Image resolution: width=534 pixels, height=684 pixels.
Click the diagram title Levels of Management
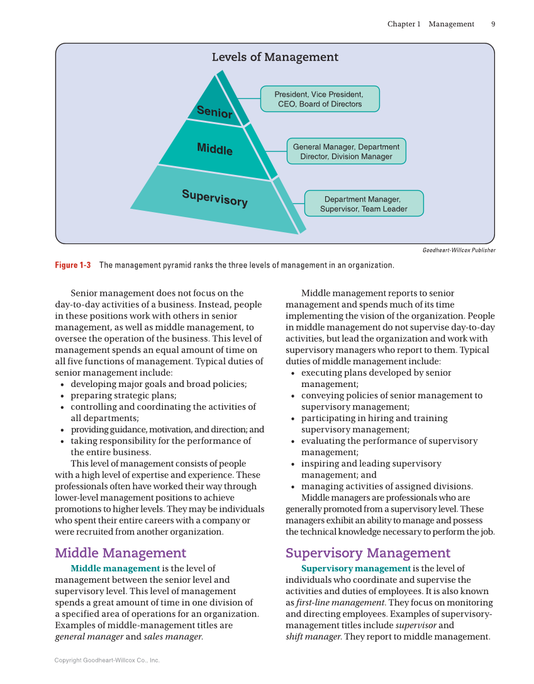coord(275,57)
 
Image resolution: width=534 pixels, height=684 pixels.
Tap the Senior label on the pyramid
coord(214,112)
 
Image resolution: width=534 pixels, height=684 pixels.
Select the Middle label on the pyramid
coord(214,149)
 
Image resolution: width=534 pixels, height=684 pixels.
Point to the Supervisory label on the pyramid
coord(214,198)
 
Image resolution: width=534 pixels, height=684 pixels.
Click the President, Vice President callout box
coord(320,99)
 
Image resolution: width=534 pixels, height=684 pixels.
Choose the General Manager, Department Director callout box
coord(346,152)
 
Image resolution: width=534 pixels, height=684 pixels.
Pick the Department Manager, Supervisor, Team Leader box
coord(364,204)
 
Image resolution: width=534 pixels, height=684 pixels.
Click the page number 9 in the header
coord(493,24)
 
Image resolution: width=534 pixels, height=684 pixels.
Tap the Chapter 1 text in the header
coord(404,24)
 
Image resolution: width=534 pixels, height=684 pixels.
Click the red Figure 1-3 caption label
coord(73,265)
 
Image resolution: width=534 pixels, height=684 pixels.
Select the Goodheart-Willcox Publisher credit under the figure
coord(459,250)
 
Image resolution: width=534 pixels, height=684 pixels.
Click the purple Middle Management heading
coord(120,553)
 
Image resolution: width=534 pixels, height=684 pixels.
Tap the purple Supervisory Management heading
coord(368,553)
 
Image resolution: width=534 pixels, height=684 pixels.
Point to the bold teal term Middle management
coord(115,568)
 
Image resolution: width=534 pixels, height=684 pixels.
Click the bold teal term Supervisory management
coord(355,568)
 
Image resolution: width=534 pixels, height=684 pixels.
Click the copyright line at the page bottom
coord(107,660)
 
